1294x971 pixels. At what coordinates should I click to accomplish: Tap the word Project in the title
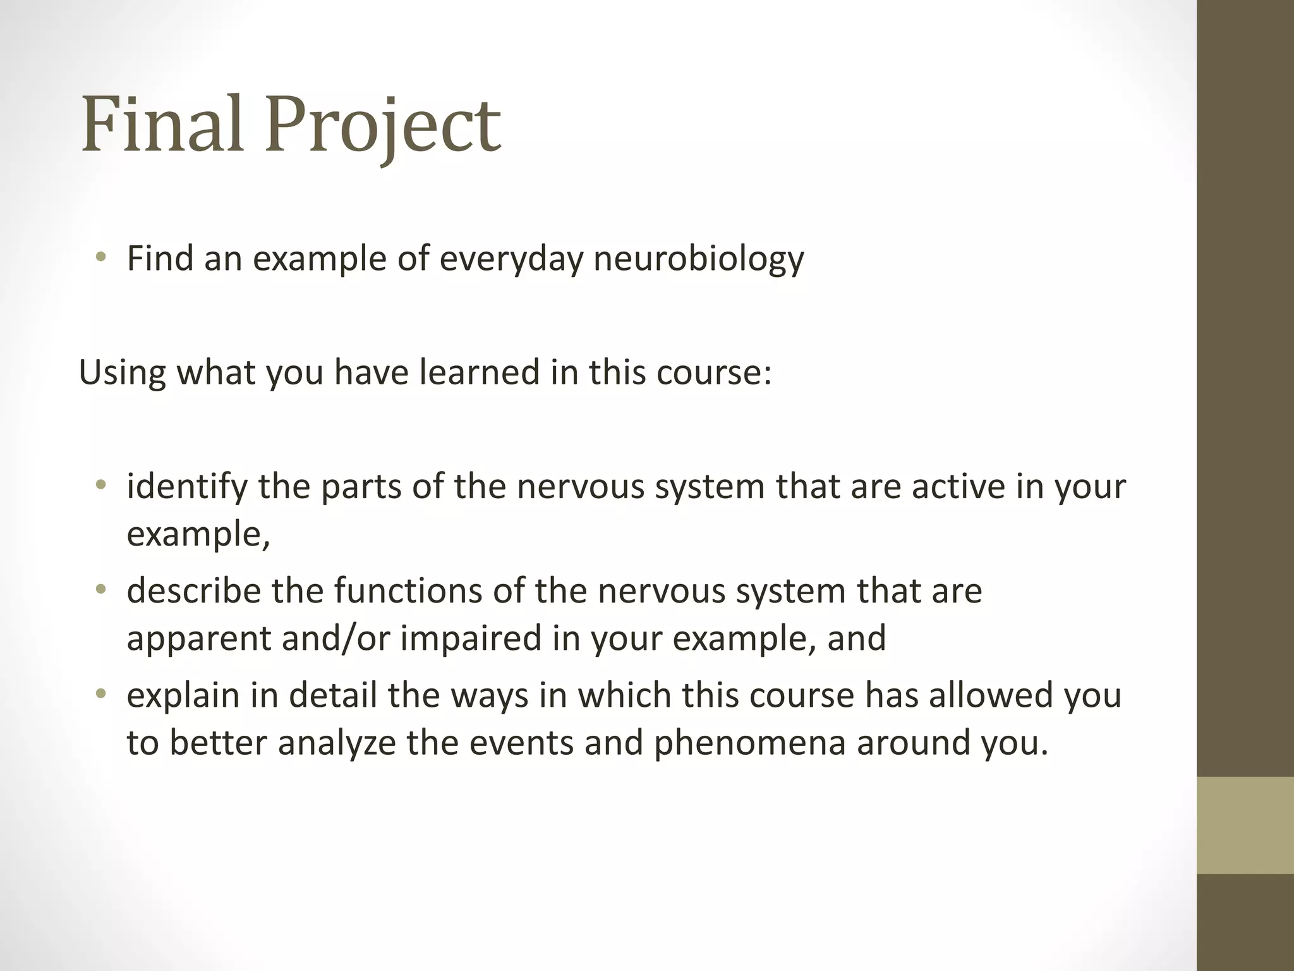pyautogui.click(x=383, y=126)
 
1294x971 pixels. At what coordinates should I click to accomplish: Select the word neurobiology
pyautogui.click(x=698, y=259)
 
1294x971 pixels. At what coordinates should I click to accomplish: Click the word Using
pyautogui.click(x=122, y=373)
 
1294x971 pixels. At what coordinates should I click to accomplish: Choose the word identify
pyautogui.click(x=187, y=487)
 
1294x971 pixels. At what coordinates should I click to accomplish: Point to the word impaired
pyautogui.click(x=470, y=638)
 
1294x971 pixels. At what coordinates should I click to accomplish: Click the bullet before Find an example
pyautogui.click(x=100, y=257)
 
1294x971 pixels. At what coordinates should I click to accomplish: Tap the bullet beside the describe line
pyautogui.click(x=100, y=590)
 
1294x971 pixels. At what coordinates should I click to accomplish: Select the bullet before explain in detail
pyautogui.click(x=100, y=694)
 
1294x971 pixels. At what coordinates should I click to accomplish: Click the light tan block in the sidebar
pyautogui.click(x=1245, y=825)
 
